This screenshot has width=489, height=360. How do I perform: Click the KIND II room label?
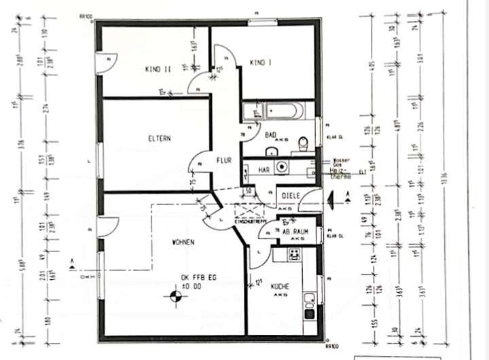158,69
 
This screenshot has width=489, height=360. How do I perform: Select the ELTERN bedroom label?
159,138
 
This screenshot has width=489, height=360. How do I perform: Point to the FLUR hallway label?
224,161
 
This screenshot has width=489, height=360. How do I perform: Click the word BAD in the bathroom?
270,134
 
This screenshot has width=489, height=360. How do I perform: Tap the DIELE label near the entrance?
291,196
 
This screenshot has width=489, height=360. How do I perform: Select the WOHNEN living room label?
184,242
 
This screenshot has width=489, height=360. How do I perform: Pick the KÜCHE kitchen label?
280,287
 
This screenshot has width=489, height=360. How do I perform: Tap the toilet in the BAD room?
304,143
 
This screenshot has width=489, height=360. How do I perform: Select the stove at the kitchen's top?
295,255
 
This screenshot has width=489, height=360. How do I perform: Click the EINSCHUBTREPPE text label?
249,222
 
